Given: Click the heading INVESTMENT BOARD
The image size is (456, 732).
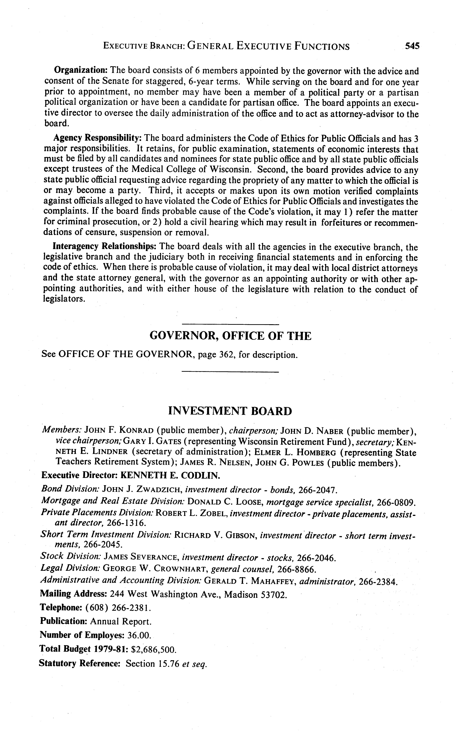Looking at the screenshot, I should tap(230, 411).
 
